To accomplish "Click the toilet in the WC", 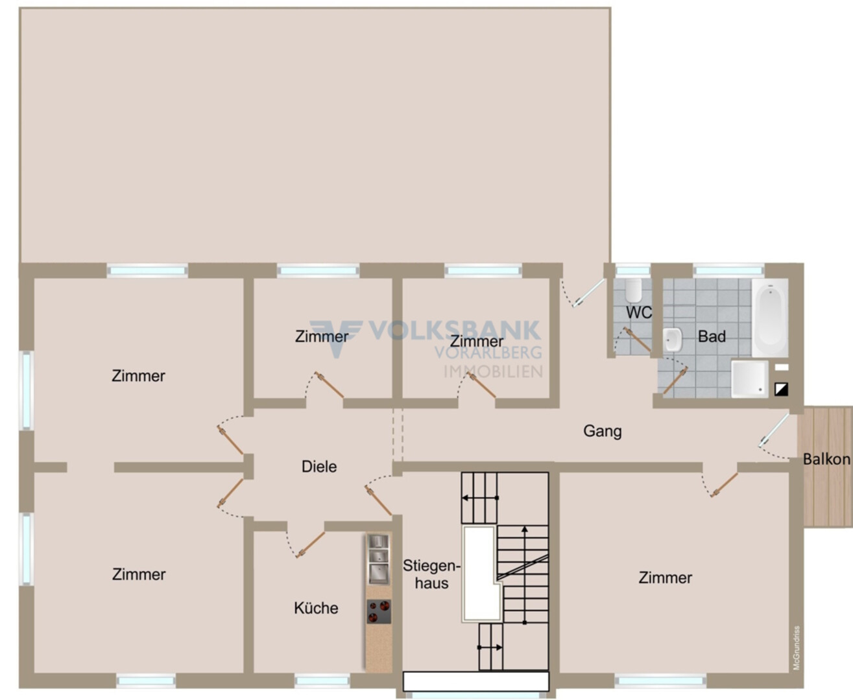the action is point(633,290).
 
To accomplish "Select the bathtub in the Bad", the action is point(770,318).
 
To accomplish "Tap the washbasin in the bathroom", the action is point(672,340).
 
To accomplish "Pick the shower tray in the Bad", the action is point(749,379).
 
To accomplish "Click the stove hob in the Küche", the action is point(379,611).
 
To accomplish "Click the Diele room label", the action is point(319,467).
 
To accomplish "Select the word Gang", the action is point(602,431).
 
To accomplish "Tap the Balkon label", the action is point(826,459).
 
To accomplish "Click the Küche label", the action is point(316,608).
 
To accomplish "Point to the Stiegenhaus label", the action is point(431,574).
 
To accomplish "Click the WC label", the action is point(639,312).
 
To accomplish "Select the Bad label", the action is point(712,336).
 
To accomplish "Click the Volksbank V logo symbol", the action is point(337,336).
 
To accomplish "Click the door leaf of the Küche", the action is point(311,545).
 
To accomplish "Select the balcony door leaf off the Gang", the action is point(773,430).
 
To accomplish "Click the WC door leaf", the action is point(638,340).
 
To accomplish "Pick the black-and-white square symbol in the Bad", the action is point(781,389).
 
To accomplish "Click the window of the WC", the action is point(633,270).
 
